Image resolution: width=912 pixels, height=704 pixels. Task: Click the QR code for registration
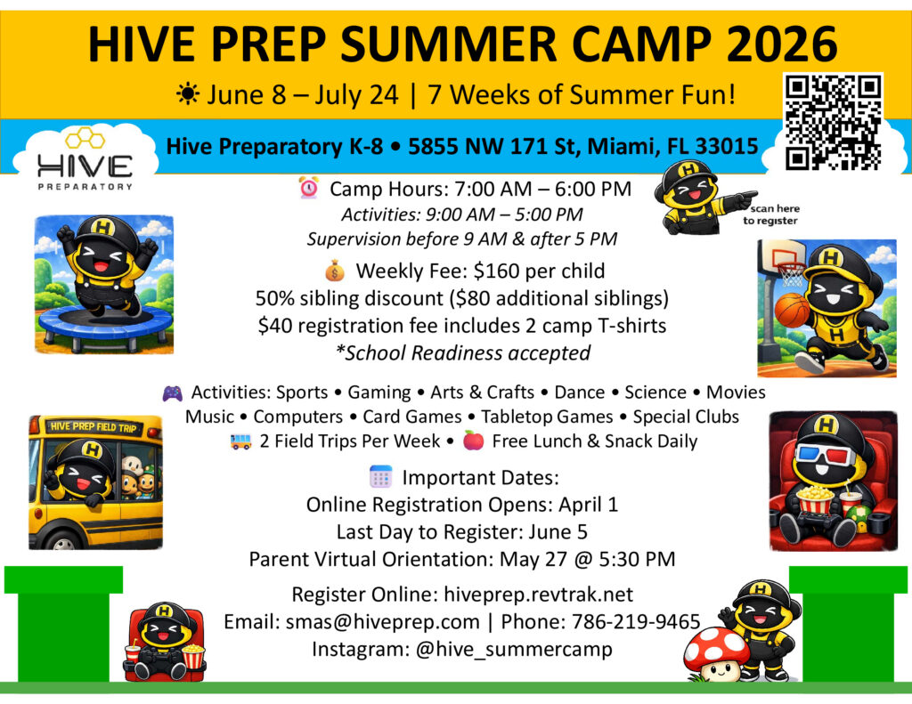(x=833, y=122)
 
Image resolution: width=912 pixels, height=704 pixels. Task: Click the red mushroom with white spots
(x=716, y=651)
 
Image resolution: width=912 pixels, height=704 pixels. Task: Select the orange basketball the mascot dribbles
(x=792, y=309)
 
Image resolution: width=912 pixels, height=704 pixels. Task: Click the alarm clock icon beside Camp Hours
(x=309, y=188)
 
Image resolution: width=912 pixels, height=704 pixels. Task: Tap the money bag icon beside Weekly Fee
(x=335, y=271)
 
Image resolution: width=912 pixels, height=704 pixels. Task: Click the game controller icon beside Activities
(x=172, y=393)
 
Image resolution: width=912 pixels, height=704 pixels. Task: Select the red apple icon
(x=473, y=441)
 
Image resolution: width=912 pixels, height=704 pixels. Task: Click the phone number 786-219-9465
(x=636, y=621)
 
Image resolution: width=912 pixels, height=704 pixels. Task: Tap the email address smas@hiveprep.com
(x=382, y=621)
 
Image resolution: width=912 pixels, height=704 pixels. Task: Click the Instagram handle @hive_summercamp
(x=514, y=649)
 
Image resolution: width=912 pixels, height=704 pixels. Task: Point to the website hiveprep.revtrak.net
(x=538, y=595)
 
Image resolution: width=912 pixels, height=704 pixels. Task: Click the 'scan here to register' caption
(x=770, y=214)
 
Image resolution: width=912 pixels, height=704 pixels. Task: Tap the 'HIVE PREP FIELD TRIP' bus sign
(x=94, y=426)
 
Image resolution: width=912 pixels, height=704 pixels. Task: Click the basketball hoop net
(x=791, y=274)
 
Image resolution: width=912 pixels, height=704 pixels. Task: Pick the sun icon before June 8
(x=187, y=93)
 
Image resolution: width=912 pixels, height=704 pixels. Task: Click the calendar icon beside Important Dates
(x=381, y=477)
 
